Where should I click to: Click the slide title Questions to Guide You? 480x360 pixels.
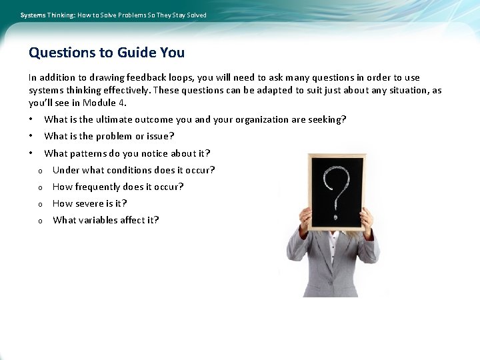107,53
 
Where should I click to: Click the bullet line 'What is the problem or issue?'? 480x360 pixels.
109,137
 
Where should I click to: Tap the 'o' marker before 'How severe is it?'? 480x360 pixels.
40,204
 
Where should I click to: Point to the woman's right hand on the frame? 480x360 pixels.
305,219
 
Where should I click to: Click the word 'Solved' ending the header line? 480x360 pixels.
196,15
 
